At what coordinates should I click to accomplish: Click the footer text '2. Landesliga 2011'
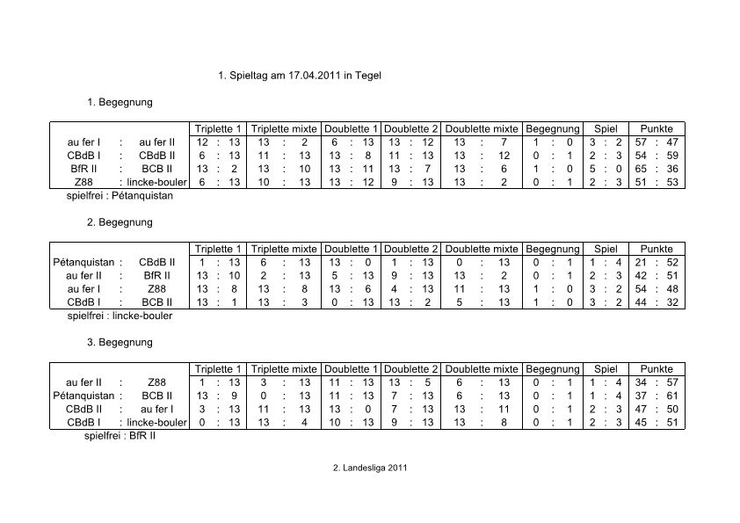point(369,468)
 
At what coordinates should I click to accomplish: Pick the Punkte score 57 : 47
point(657,142)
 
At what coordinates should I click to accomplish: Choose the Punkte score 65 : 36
point(657,169)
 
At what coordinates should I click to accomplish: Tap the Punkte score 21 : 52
point(657,262)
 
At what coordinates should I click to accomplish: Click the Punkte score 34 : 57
point(657,382)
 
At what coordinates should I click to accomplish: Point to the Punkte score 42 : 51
point(657,275)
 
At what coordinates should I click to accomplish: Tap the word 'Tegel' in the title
point(369,76)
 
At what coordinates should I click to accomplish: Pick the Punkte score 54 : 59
point(657,156)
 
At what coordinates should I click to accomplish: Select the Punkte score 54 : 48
point(657,288)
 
